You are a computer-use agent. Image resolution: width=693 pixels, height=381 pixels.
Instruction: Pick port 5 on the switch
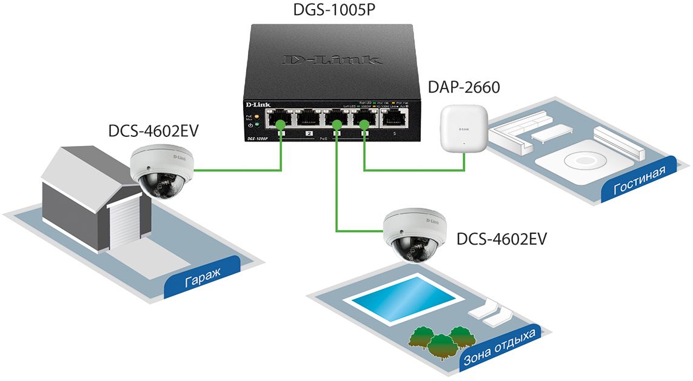tap(395, 118)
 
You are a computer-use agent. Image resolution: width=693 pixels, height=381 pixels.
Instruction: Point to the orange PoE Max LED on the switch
tap(256, 115)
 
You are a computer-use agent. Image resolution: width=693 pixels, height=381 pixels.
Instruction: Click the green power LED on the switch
tap(256, 125)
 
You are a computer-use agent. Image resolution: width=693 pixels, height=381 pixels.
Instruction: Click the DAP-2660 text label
tap(464, 88)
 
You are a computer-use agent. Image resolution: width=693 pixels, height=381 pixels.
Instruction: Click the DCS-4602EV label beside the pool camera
tap(501, 239)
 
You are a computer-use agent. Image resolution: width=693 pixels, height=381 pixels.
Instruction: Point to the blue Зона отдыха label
tap(499, 349)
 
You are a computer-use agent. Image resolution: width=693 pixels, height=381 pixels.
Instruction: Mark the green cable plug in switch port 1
tap(281, 125)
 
